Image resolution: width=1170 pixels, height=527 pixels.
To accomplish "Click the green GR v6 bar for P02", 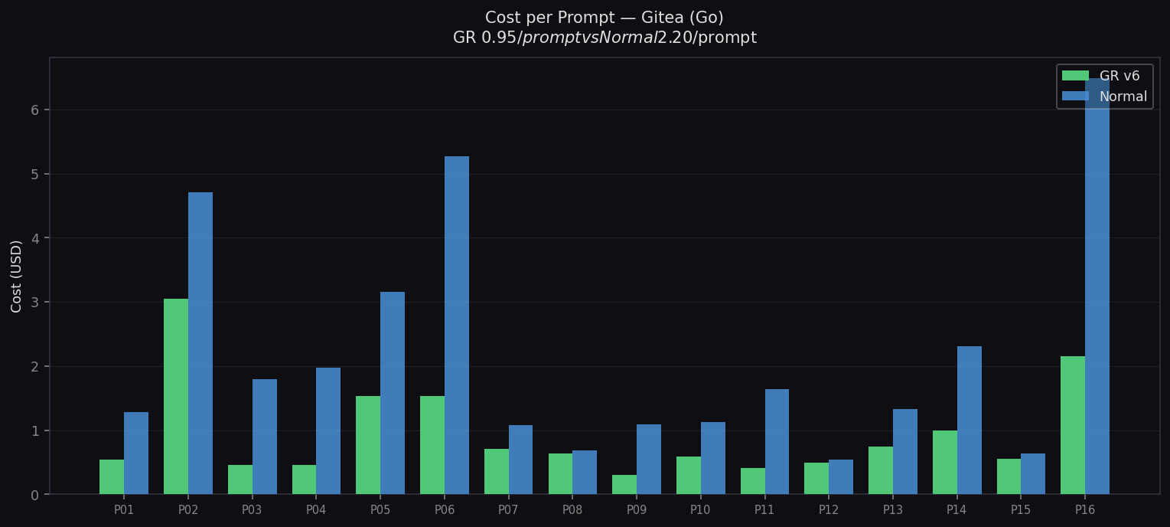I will tap(176, 396).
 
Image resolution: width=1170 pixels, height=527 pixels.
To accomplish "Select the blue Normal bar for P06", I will tap(457, 326).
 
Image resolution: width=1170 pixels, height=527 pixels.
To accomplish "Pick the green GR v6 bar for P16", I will tap(1073, 425).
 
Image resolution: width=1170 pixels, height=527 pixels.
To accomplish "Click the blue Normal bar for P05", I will tap(393, 393).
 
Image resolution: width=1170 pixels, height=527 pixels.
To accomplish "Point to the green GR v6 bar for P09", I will tap(624, 485).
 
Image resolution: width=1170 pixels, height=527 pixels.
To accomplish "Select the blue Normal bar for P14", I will tap(970, 420).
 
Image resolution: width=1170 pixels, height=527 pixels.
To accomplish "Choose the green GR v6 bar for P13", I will tap(881, 470).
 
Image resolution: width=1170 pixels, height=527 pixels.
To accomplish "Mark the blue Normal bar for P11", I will tap(777, 441).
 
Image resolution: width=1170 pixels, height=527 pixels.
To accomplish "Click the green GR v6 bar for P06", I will tap(432, 445).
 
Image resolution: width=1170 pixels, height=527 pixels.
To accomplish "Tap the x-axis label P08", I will tap(572, 510).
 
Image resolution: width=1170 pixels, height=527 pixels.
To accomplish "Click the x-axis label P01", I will tap(124, 510).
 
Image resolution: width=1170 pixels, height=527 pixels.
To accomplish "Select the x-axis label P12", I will tap(829, 510).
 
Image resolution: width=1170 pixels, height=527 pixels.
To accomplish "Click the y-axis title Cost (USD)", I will tap(17, 276).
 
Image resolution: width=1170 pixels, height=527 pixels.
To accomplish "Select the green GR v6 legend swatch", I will tap(1075, 76).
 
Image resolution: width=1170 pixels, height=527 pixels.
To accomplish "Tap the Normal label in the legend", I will tap(1123, 97).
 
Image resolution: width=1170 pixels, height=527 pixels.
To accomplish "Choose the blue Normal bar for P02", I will tap(200, 343).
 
